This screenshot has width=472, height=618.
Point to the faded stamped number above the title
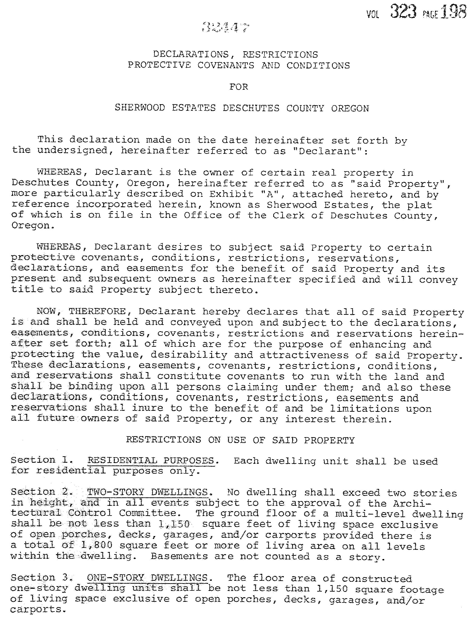click(226, 28)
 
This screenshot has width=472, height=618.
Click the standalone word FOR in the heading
click(238, 87)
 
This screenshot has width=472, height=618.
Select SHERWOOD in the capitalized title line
click(140, 108)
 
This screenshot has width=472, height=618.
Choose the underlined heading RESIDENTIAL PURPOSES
click(151, 461)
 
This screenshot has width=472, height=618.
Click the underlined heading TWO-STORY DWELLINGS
click(147, 493)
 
